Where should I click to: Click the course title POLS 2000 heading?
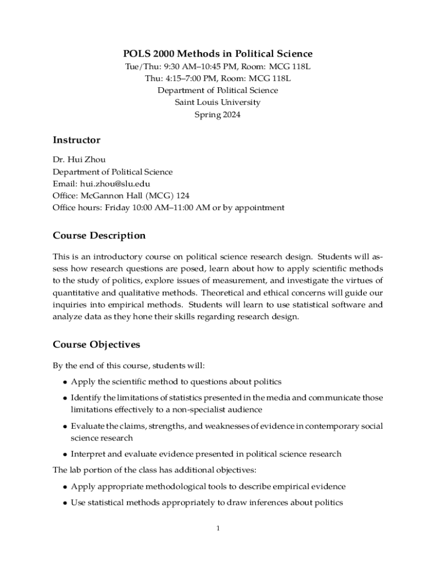point(218,54)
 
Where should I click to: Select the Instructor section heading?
point(76,140)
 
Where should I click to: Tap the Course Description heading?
point(99,236)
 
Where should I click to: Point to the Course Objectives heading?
point(96,344)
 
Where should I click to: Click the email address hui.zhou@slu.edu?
point(115,184)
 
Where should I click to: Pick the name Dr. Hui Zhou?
point(79,160)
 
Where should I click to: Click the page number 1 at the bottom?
point(217,528)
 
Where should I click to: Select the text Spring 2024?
point(218,114)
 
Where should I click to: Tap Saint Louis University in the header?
point(218,103)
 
